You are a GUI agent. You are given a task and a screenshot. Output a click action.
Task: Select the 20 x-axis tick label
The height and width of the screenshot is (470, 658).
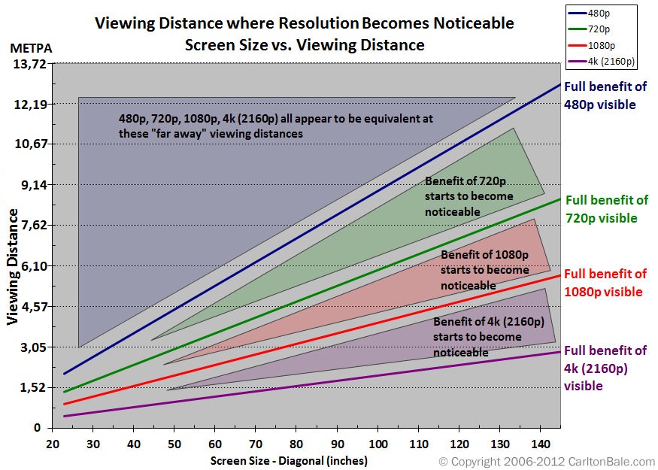point(52,444)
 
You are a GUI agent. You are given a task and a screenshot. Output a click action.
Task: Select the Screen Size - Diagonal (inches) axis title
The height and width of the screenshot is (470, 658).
point(289,460)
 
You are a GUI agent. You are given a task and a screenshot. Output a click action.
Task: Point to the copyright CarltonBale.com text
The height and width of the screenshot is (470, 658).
point(547,461)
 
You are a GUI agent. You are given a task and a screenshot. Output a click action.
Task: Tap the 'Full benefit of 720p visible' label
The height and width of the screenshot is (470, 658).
point(605,209)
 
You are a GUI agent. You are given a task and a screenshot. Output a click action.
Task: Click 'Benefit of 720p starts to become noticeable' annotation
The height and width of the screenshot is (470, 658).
point(468,197)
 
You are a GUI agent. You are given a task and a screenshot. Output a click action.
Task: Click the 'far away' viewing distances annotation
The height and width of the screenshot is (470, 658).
point(275,126)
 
